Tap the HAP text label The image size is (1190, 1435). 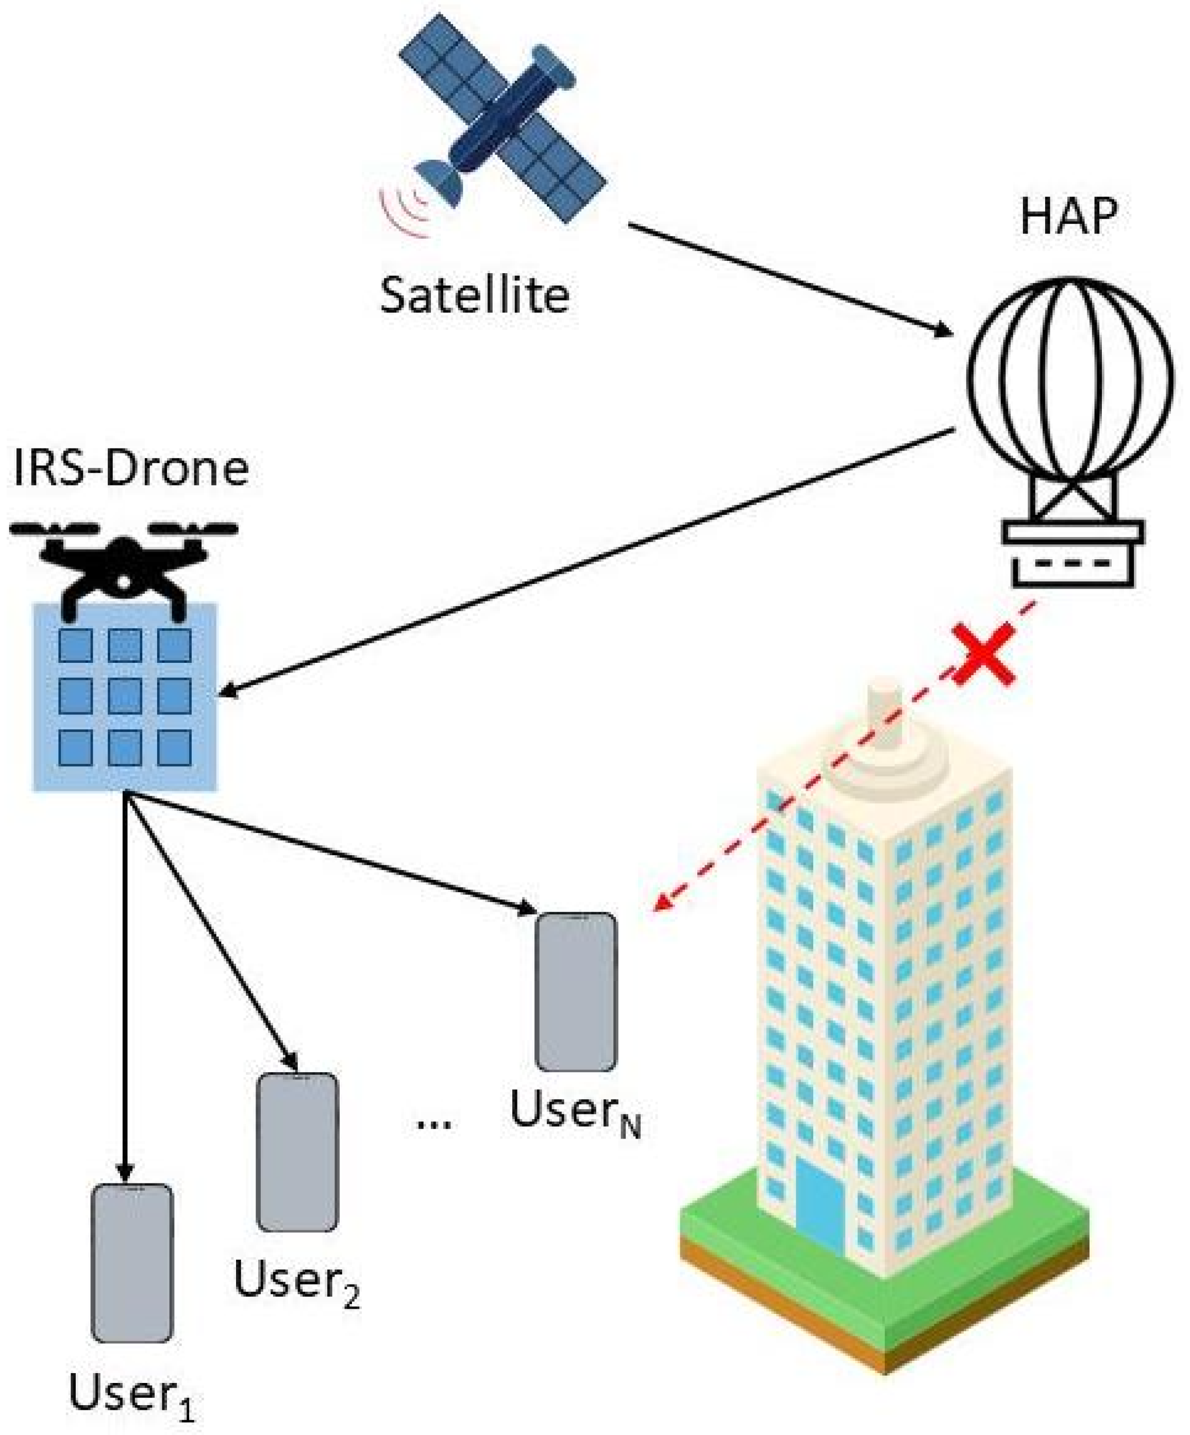1069,218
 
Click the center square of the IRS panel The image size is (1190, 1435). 125,696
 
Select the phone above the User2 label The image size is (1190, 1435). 297,1152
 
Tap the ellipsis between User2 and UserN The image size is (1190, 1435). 434,1124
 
